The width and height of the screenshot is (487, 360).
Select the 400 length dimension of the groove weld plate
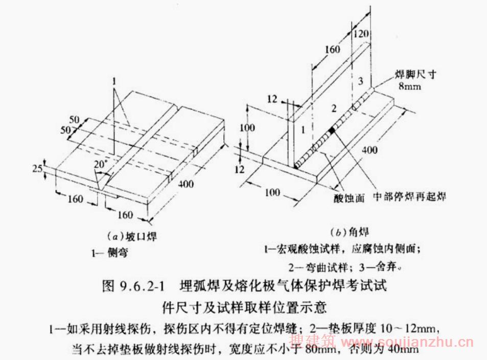coord(186,183)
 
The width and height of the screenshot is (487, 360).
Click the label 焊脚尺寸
coord(413,74)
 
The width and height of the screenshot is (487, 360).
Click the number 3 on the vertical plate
coord(360,81)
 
